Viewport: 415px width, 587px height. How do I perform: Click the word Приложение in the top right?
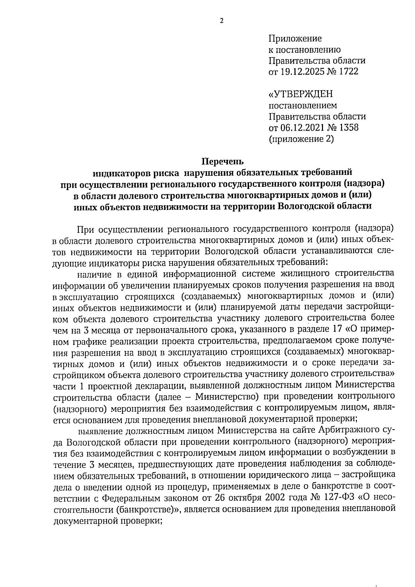pos(295,38)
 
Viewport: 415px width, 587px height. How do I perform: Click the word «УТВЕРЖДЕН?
pos(301,94)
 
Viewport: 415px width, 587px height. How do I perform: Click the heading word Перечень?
pos(222,162)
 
